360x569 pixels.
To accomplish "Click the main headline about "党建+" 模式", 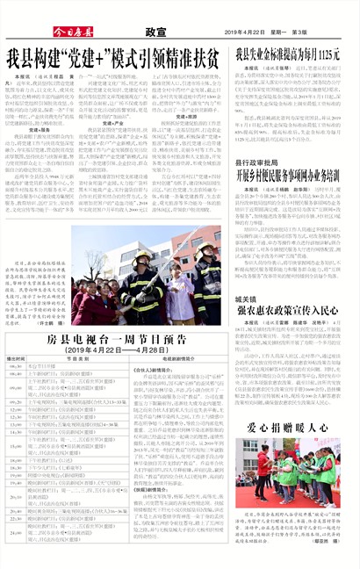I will (x=113, y=60).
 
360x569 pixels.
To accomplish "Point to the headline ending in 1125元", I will (x=287, y=55).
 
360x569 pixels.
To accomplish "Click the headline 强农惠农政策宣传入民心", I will (x=287, y=311).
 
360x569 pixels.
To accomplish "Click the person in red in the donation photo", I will (x=263, y=464).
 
